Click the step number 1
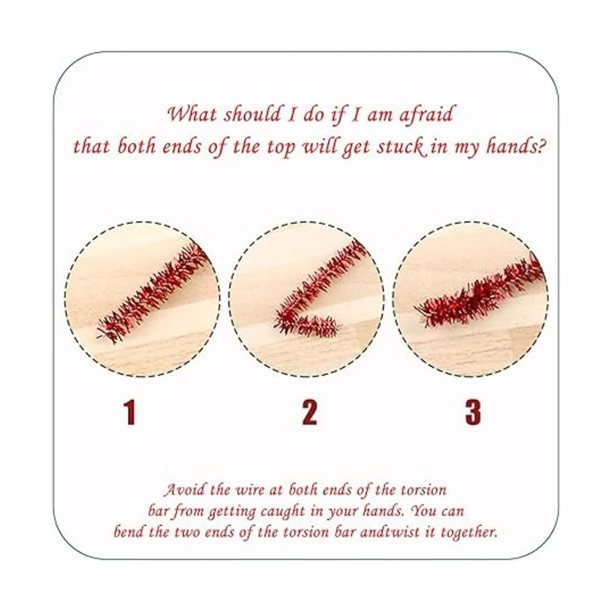pos(130,412)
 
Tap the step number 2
pos(309,412)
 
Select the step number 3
pos(473,412)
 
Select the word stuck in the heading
pos(401,148)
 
